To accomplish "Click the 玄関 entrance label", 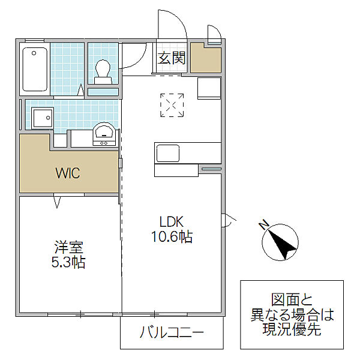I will pos(172,58).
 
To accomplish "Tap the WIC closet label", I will pos(67,173).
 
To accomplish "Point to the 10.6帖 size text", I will pos(171,237).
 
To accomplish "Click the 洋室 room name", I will pos(68,247).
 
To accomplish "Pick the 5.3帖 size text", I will pos(68,262).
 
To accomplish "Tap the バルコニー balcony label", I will pos(172,333).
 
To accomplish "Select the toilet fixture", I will pos(103,70).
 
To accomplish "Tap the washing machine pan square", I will pos(43,118).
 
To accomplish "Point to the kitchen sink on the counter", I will pos(167,154).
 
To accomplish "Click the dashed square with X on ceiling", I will pos(172,105).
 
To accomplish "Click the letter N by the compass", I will pos(263,225).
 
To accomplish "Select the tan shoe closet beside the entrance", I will pos(206,58).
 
